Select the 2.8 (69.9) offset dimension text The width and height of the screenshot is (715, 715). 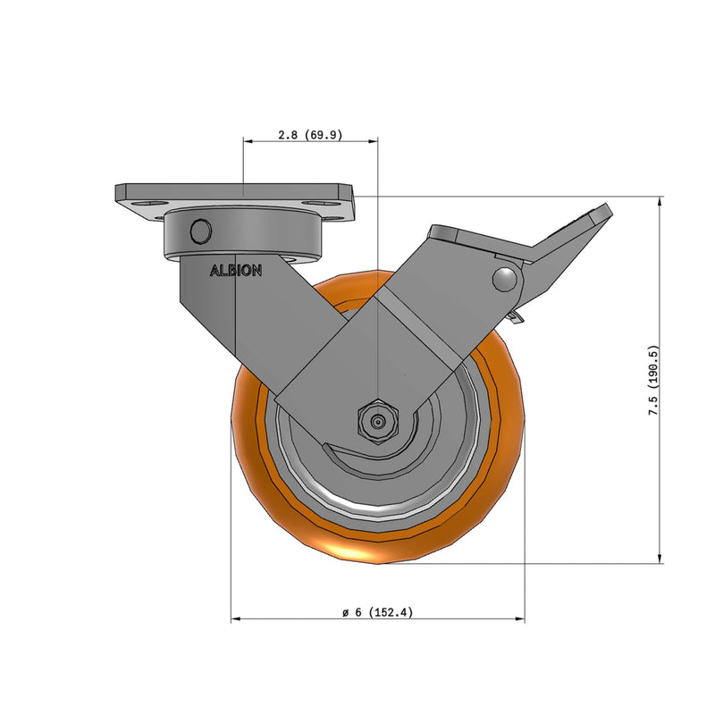click(310, 135)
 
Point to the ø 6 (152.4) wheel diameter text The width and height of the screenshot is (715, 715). click(377, 613)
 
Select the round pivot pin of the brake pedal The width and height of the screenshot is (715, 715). click(507, 279)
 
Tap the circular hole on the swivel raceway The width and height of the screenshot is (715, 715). click(201, 231)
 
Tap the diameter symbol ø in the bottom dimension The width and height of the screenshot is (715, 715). click(345, 613)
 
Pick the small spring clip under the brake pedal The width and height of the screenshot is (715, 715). click(515, 316)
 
